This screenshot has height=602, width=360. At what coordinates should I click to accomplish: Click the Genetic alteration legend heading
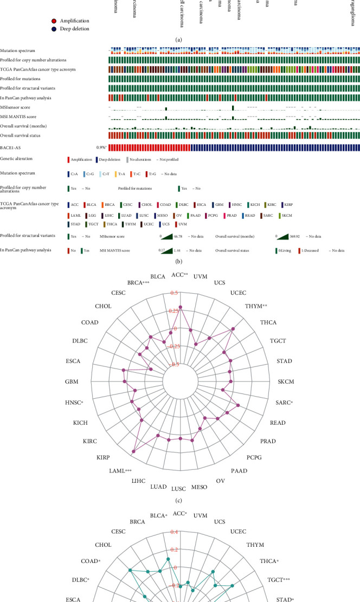tap(16, 159)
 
